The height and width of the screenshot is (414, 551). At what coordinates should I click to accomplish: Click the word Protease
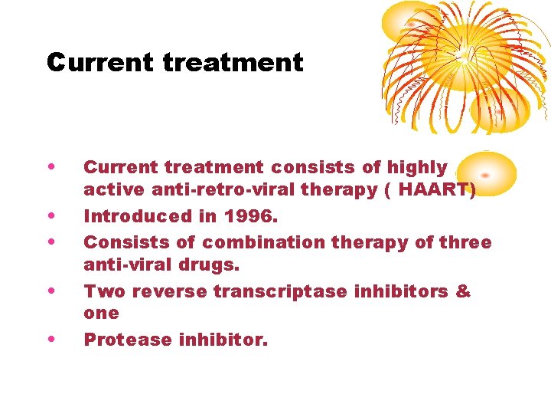pos(125,339)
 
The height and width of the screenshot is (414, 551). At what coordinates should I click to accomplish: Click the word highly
pos(417,167)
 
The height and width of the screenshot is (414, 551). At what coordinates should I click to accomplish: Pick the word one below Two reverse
pos(101,313)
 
